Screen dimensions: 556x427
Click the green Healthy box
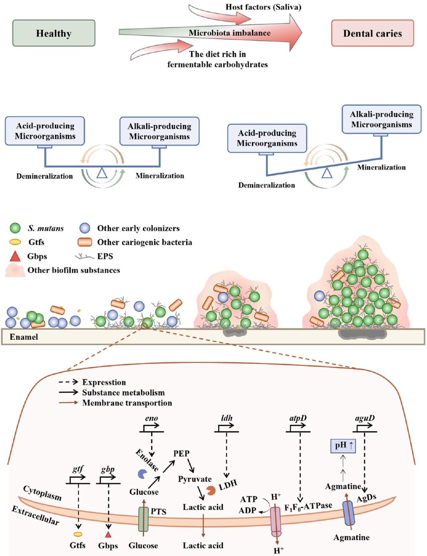coord(54,33)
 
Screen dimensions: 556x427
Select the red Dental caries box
coord(372,33)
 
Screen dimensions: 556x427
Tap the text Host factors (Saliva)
coord(263,7)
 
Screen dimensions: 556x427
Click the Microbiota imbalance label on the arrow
coord(229,33)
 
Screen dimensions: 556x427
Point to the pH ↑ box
coord(343,445)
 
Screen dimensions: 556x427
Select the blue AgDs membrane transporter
coord(348,513)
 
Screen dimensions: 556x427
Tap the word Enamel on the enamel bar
coord(24,337)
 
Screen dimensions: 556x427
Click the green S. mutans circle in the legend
coord(15,228)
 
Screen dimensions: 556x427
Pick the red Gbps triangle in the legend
coord(15,256)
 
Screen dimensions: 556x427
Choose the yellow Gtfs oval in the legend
coord(15,242)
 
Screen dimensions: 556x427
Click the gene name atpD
coord(298,418)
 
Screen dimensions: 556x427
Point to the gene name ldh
coord(227,418)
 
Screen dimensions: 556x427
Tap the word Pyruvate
coord(195,479)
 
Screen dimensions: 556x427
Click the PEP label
coord(181,453)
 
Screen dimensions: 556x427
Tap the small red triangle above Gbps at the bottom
coord(108,534)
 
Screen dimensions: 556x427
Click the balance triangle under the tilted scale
coord(326,173)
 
